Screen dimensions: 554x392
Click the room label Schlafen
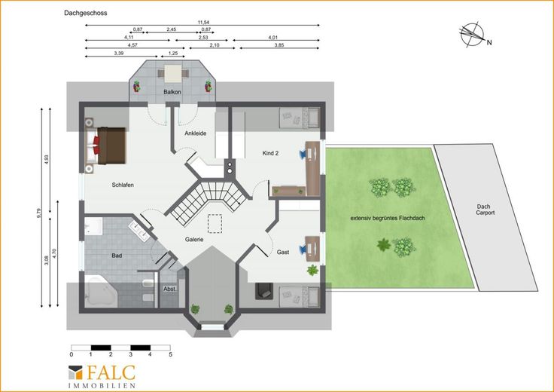(123, 185)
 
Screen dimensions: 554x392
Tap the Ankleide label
(196, 133)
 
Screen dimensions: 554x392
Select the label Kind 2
(270, 153)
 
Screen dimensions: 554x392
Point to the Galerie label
(194, 240)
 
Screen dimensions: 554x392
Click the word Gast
(283, 253)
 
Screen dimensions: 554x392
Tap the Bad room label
(117, 256)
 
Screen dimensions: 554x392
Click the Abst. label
(170, 289)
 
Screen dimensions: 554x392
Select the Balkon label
(172, 92)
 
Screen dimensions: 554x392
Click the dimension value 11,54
(203, 23)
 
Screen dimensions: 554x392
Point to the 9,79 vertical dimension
(39, 213)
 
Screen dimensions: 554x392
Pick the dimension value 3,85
(279, 45)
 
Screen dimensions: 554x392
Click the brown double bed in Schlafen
(111, 145)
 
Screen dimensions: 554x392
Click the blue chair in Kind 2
(303, 154)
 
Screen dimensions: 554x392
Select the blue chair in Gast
(303, 250)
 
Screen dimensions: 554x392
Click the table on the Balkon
(173, 74)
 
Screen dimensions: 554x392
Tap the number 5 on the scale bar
(171, 354)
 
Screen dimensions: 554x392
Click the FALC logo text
(111, 372)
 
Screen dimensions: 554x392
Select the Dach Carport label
(485, 210)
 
